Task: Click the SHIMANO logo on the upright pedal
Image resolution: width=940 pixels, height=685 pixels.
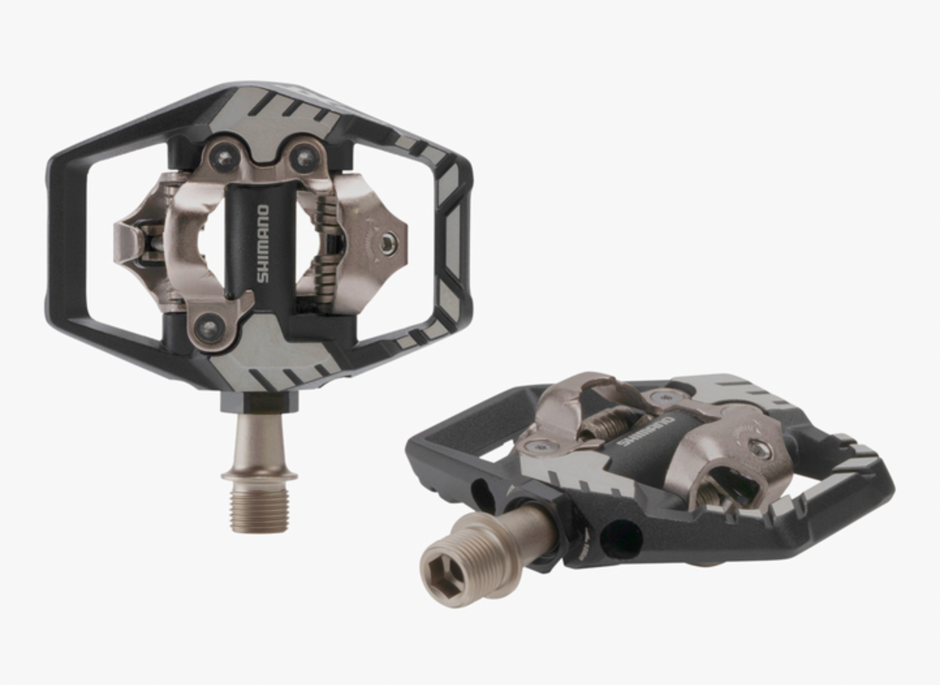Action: coord(262,244)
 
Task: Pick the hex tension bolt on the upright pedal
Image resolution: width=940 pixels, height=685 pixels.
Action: coord(389,242)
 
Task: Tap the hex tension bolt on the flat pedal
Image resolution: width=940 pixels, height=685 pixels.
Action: coord(759,449)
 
